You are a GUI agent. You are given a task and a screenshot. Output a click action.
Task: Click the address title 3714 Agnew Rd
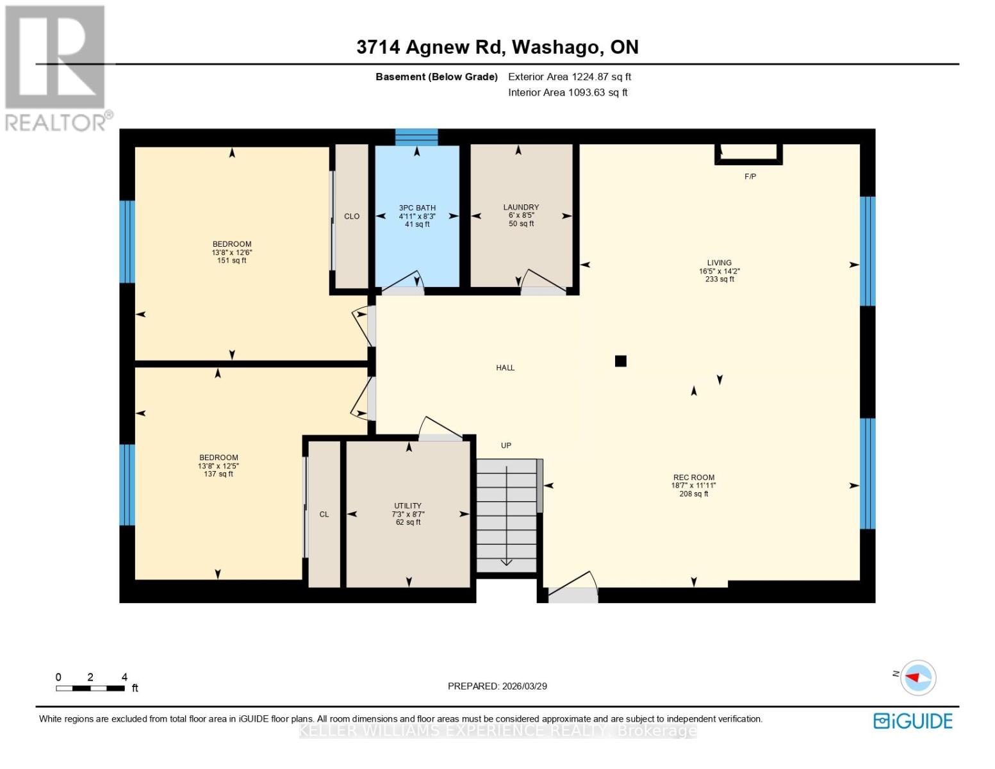tap(497, 47)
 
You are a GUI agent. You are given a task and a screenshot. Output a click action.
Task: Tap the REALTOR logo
tap(56, 68)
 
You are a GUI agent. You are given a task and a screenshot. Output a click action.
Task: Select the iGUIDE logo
tap(912, 721)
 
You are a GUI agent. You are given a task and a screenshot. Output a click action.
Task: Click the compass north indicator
tap(917, 677)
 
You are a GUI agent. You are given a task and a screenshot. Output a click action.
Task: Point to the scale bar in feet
tap(90, 688)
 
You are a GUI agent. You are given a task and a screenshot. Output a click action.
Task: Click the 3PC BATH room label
tap(417, 208)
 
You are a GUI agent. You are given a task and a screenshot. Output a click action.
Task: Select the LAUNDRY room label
tap(521, 207)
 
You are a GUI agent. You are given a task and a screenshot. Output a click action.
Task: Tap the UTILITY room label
tap(407, 506)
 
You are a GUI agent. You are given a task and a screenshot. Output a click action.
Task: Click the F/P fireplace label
tap(750, 176)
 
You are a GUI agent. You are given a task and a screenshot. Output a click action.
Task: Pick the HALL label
tap(505, 368)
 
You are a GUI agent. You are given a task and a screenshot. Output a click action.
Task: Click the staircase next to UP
tap(506, 516)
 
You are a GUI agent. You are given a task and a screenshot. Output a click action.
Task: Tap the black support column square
tap(620, 361)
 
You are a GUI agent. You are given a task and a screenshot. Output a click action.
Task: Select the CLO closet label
tap(352, 217)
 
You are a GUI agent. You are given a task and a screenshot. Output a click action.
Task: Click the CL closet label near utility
tap(324, 515)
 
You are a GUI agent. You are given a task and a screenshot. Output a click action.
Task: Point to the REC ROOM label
tap(693, 477)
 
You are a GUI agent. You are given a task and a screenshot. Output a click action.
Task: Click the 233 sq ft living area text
tap(720, 279)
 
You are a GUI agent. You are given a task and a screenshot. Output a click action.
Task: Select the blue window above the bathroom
tap(416, 137)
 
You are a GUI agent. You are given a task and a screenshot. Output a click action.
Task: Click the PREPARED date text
tap(497, 686)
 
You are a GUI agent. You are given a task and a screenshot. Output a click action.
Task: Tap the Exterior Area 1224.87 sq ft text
tap(570, 77)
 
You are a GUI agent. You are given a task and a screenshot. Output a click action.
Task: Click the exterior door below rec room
tap(573, 595)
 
